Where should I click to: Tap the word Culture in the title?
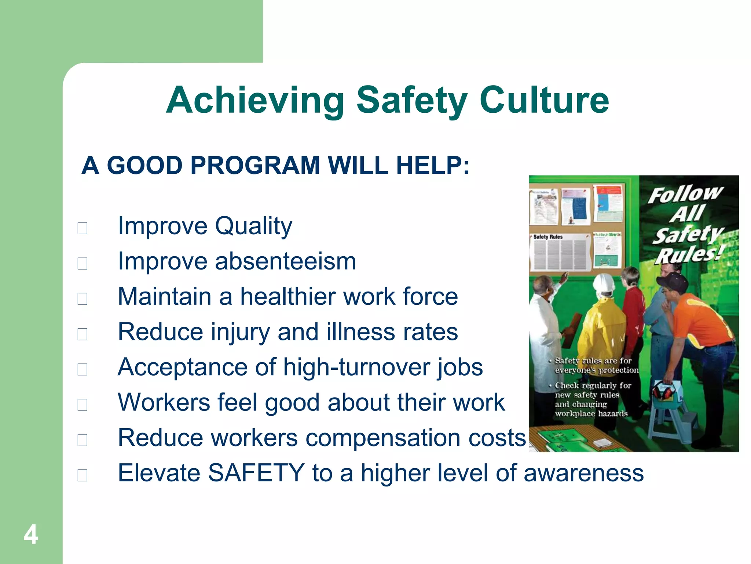[544, 100]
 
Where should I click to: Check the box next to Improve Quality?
[83, 228]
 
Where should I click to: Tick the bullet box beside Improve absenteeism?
[83, 263]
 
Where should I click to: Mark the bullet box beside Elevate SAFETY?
[83, 475]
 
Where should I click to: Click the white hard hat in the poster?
[604, 284]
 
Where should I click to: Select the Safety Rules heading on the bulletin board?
[548, 237]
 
